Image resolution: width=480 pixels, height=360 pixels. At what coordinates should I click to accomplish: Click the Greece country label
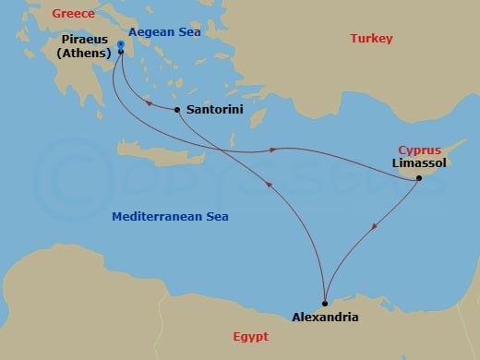tap(75, 14)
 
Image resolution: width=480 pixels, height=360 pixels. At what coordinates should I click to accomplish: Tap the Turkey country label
tap(372, 38)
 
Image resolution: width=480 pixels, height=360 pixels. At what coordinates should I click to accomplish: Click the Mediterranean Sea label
tap(170, 217)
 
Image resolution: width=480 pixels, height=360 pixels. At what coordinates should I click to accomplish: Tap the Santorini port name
tap(215, 109)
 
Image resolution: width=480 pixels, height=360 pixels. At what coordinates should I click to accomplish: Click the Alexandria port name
tap(324, 317)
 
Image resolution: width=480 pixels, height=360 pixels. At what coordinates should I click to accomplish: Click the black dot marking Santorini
tap(176, 110)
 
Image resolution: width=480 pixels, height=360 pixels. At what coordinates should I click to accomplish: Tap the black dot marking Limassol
tap(419, 177)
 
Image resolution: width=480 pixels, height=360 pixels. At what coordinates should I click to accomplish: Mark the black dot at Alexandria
tap(324, 303)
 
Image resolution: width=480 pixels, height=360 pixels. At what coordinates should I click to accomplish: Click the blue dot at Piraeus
tap(121, 43)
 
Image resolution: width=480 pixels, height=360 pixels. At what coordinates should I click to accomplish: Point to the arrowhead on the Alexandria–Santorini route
tap(269, 186)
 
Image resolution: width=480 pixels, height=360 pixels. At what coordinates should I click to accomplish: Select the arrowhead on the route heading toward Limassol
tap(273, 149)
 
